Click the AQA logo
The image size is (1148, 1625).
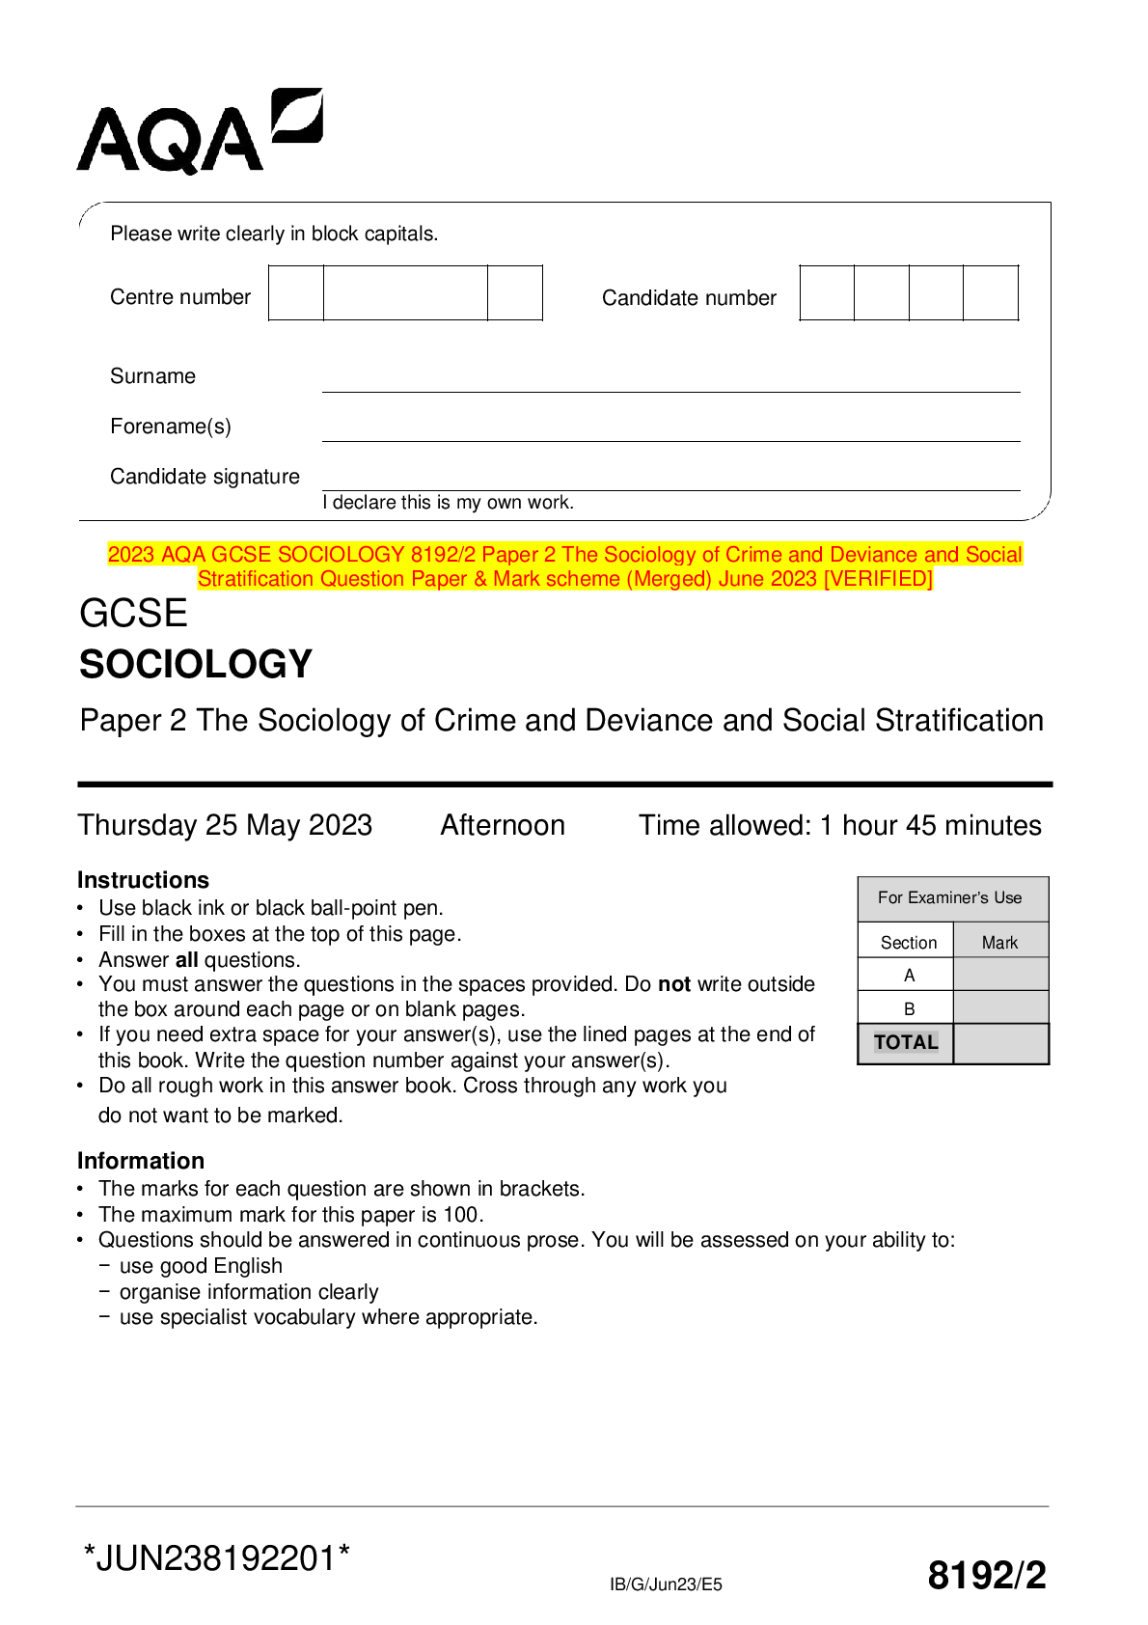tap(199, 132)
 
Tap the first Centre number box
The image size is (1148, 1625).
tap(296, 293)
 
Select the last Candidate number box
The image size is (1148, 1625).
tap(991, 293)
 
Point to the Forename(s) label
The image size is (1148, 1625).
tap(171, 427)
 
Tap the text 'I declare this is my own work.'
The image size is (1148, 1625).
tap(449, 503)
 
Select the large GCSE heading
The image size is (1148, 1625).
tap(133, 614)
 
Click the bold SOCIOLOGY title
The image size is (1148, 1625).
tap(196, 665)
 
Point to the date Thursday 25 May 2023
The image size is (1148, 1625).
tap(225, 826)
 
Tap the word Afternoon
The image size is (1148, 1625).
tap(503, 826)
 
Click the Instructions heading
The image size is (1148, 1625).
tap(143, 880)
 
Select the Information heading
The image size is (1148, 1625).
tap(141, 1161)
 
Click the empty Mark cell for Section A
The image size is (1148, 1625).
tap(1000, 975)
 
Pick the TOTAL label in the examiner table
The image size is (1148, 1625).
tap(906, 1043)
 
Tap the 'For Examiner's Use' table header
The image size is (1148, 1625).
tap(950, 898)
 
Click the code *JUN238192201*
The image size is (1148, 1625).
tap(217, 1558)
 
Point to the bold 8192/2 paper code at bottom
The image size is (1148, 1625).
tap(986, 1576)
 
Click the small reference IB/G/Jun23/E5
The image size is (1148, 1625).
tap(666, 1584)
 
